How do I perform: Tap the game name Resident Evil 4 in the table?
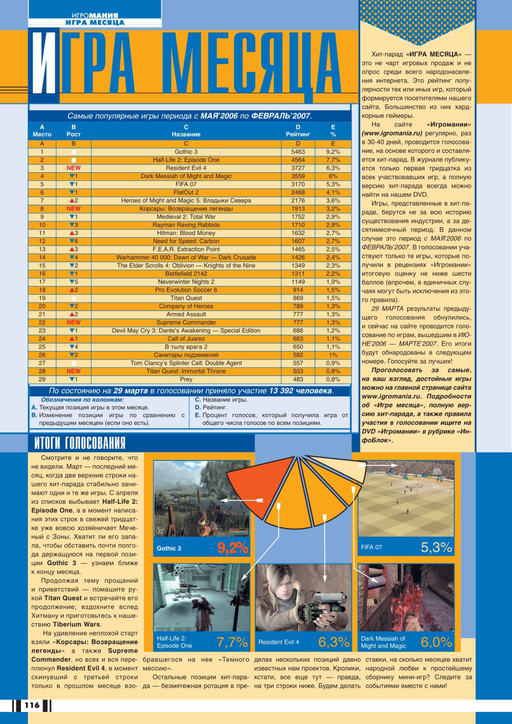(186, 168)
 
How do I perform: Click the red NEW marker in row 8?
(73, 209)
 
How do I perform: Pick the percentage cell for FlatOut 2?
(333, 192)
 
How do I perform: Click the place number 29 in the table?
(42, 379)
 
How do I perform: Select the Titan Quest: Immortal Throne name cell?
(186, 371)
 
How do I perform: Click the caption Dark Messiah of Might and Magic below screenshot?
(383, 642)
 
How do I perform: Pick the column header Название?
(186, 134)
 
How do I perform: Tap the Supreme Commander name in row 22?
(186, 322)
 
